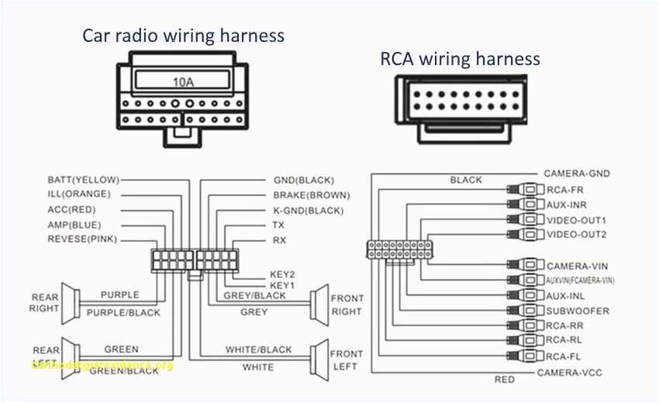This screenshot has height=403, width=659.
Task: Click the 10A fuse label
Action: [x=184, y=81]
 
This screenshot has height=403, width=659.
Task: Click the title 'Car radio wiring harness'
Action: [x=184, y=35]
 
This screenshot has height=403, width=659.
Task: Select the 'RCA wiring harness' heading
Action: [x=460, y=59]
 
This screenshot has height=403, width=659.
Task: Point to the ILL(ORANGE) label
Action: [x=79, y=194]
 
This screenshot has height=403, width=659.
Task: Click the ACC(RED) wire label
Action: [x=73, y=209]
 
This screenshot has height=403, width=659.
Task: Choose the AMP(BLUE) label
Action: [x=75, y=224]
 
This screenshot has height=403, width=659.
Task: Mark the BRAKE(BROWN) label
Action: [x=311, y=195]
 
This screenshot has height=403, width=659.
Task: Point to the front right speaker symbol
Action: [x=318, y=304]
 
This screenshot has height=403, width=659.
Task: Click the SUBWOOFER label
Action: [x=578, y=311]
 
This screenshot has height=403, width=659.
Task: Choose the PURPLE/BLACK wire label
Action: [x=123, y=312]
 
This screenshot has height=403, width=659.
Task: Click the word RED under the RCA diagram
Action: [x=504, y=380]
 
